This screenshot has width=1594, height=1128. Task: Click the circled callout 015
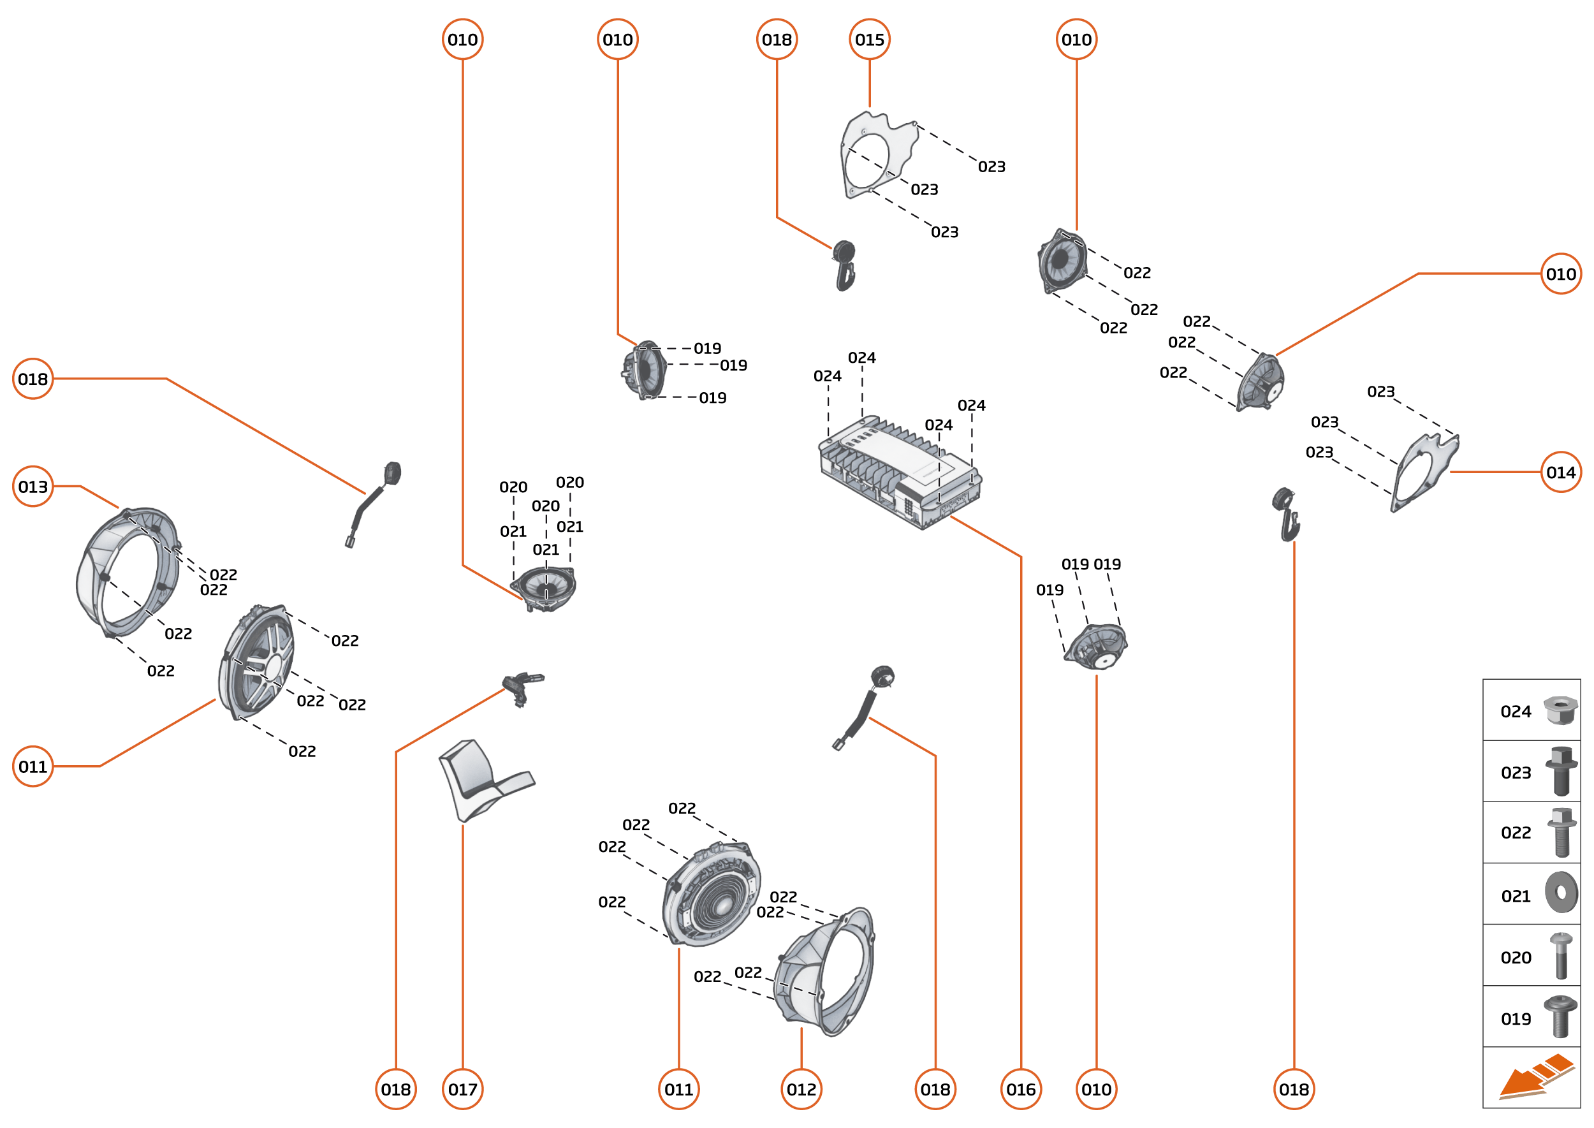click(869, 40)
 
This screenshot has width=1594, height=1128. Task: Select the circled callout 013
click(33, 486)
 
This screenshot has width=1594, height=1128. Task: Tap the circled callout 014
click(1560, 472)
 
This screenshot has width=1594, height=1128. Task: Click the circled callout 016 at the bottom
click(1020, 1089)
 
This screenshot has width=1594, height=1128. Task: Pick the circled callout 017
click(462, 1089)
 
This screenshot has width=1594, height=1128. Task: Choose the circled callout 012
click(801, 1089)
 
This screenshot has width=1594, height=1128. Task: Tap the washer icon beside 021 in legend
click(1561, 893)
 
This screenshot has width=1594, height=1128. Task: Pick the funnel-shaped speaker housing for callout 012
click(826, 972)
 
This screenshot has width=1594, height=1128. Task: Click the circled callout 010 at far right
click(1560, 274)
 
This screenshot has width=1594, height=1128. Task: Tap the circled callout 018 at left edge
click(33, 379)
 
